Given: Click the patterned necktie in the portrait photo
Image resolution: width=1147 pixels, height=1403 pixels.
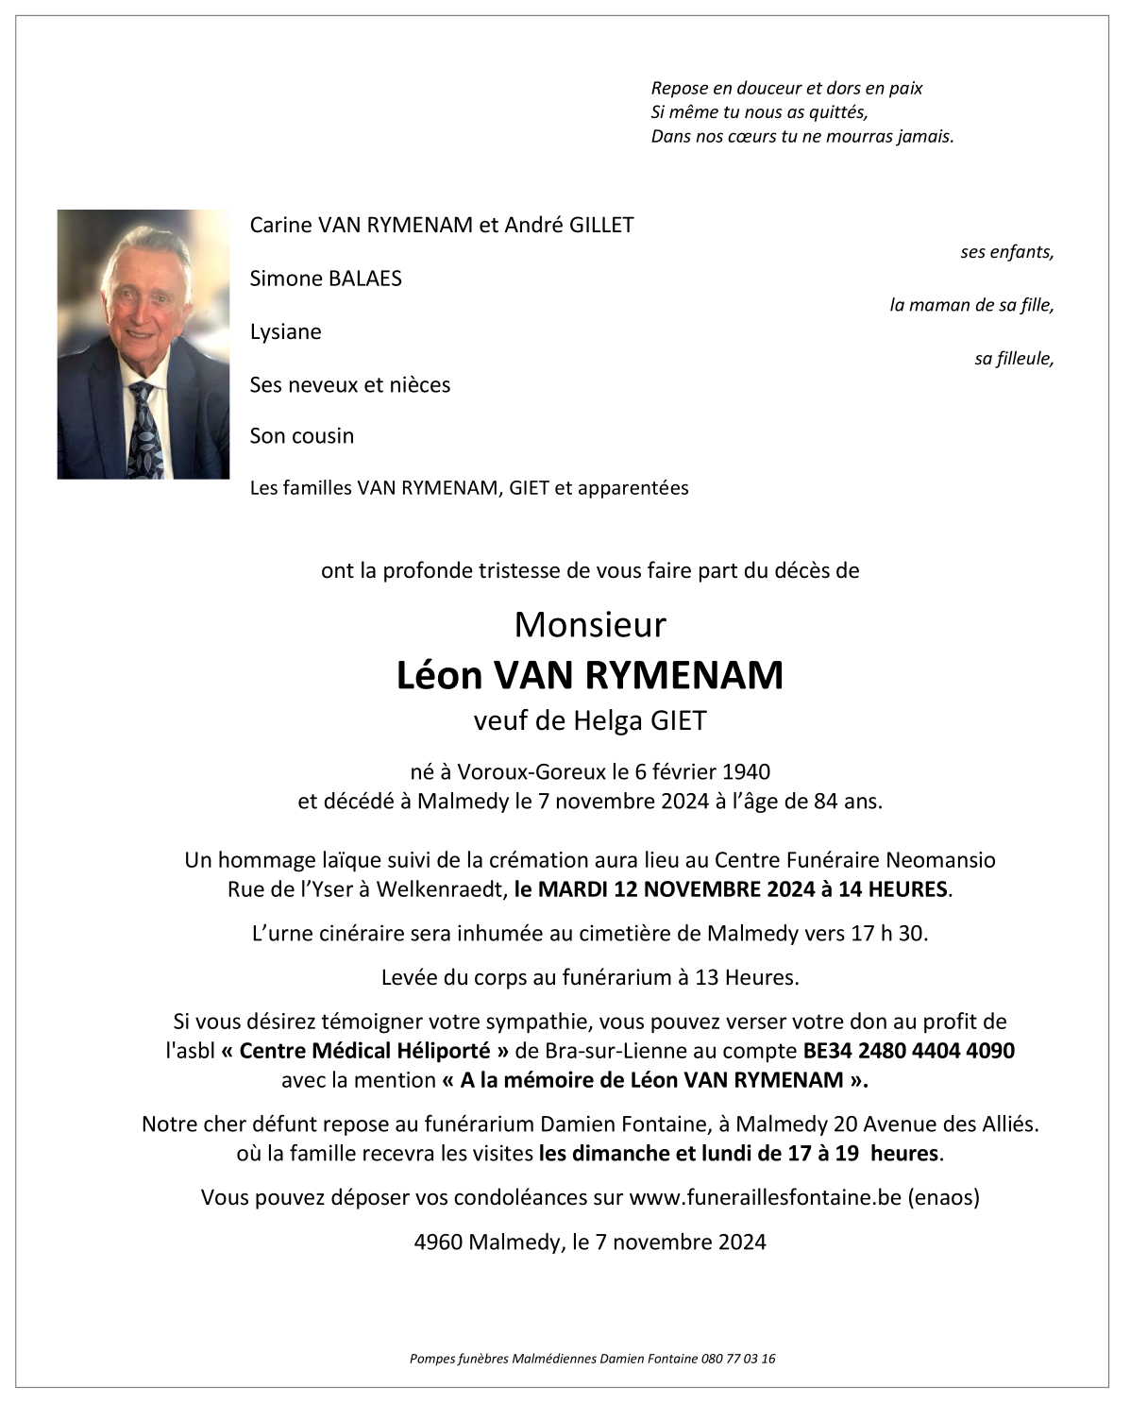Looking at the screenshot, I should (144, 430).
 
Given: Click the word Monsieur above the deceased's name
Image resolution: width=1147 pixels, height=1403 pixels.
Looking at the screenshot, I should (590, 625).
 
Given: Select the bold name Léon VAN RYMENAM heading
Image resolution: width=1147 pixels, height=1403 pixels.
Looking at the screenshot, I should (590, 675).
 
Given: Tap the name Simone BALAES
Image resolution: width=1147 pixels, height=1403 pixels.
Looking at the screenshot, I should (326, 279).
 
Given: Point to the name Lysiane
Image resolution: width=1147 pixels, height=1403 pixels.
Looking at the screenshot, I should (285, 332).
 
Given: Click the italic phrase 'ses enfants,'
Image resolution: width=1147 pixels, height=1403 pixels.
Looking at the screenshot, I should (1006, 252).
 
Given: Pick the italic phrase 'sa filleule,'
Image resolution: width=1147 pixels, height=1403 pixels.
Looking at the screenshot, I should (1014, 359).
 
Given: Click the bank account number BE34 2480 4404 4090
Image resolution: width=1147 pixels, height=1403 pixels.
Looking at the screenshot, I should (908, 1051).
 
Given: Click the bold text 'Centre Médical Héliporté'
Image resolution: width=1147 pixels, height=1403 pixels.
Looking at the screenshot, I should (375, 1051).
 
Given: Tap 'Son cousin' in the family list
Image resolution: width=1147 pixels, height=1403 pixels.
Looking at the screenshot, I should (302, 436).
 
